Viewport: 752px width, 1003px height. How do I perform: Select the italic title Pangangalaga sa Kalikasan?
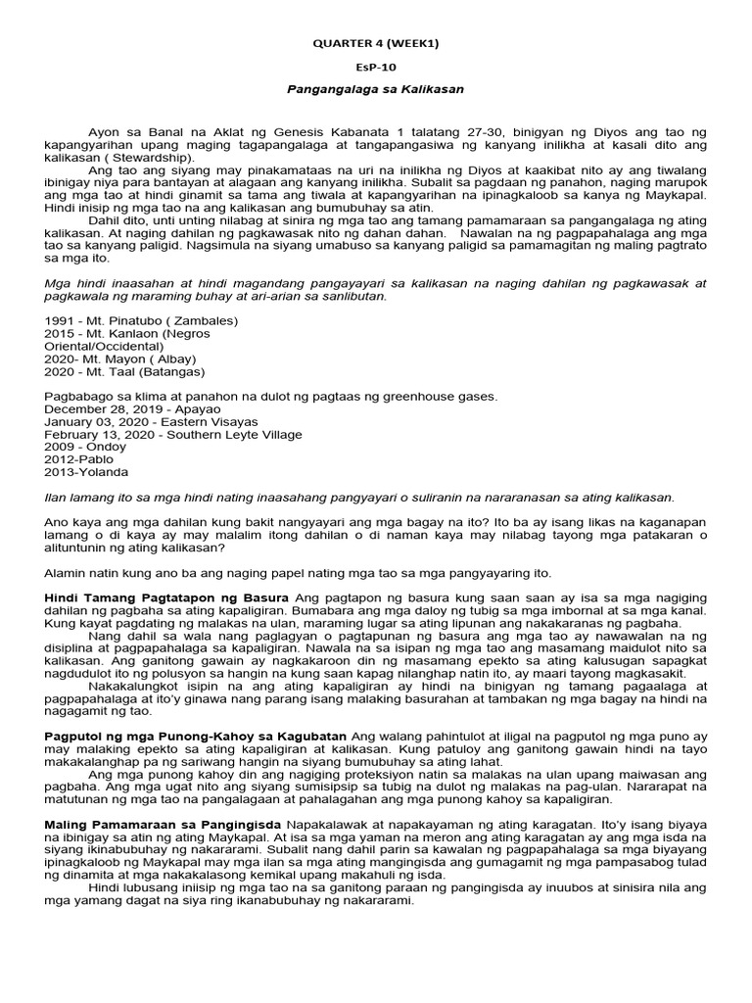pos(374,89)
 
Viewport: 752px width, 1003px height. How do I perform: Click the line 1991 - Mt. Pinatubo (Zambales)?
pos(141,319)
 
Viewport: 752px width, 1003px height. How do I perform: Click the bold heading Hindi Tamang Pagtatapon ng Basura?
pos(166,597)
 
